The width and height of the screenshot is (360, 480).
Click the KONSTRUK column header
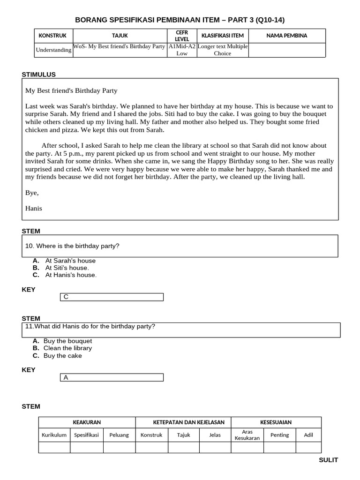52,36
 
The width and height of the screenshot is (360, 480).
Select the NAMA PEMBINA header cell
286,36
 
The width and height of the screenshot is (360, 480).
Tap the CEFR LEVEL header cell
181,36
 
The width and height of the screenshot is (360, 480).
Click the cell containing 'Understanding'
53,50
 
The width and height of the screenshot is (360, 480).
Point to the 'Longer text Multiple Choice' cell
223,50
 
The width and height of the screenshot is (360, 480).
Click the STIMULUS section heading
39,75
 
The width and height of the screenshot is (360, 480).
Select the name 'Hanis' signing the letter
33,208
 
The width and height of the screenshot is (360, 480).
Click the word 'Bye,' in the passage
32,193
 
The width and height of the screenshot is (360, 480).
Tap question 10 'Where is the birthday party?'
77,246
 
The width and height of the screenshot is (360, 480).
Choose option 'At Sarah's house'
70,261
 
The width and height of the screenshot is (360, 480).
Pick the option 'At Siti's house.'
67,268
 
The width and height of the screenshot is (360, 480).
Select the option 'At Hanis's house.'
71,275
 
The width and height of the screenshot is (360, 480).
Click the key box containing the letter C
112,297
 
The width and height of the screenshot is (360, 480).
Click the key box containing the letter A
112,377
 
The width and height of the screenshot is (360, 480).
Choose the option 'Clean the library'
67,348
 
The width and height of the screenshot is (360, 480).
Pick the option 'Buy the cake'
62,356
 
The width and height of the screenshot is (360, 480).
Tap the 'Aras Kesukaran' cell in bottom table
247,435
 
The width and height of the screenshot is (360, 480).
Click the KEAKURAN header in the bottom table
87,422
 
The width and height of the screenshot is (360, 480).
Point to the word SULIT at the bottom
328,460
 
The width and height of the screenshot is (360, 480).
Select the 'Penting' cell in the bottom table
279,435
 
